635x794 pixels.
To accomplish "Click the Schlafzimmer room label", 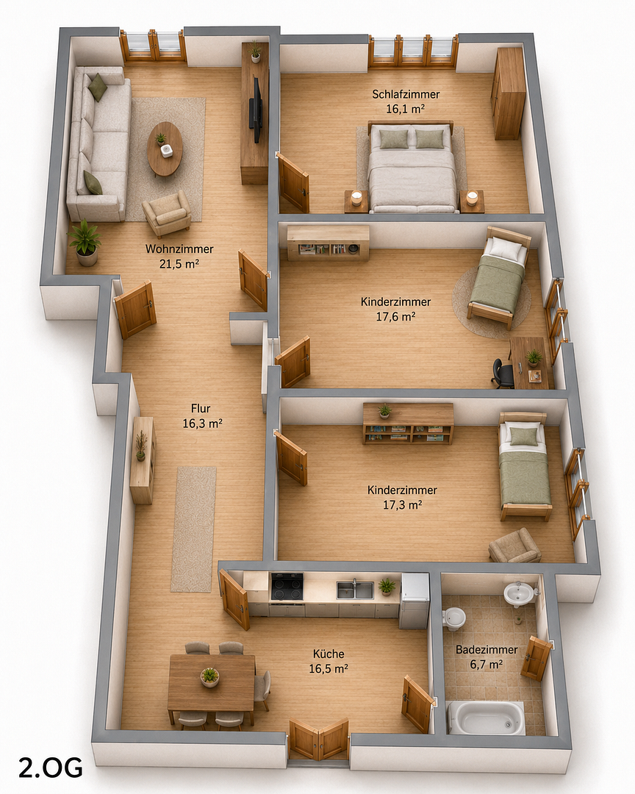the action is (406, 94).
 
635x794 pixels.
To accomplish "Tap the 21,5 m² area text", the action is (179, 264).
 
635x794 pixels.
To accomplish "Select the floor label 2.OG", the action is (51, 768).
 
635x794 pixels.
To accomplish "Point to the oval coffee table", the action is (165, 149).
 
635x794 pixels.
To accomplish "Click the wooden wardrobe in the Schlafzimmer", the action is (508, 93).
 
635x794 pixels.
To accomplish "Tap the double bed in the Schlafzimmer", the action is (411, 167).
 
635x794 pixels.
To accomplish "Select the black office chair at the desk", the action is (503, 373).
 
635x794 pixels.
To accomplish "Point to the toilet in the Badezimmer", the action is (453, 618).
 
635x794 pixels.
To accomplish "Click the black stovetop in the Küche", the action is (287, 587).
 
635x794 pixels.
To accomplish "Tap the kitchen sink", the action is (355, 590).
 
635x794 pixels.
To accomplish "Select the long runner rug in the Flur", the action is (193, 529).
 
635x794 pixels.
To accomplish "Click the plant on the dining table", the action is (209, 676).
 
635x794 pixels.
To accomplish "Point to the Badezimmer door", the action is (537, 658).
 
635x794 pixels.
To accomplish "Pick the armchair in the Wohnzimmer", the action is (167, 214).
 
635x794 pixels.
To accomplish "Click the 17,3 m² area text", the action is (403, 505).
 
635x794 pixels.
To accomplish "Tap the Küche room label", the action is (328, 654).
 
